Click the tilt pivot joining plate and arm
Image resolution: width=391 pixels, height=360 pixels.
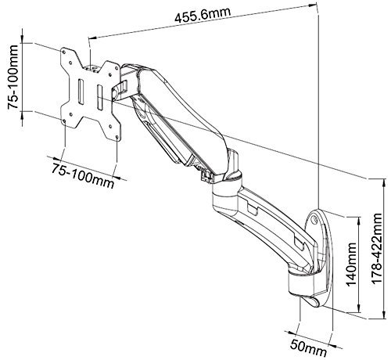pyautogui.click(x=119, y=86)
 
